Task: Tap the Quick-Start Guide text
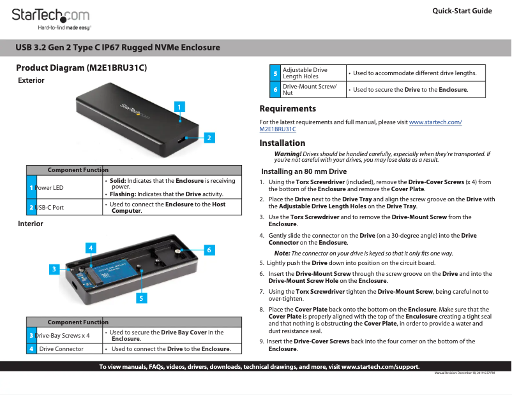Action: (462, 11)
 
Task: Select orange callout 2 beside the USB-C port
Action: (209, 137)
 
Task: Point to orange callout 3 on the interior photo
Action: (56, 269)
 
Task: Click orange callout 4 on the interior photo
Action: (92, 247)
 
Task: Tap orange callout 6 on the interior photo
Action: (209, 250)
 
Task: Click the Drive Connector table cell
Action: (62, 348)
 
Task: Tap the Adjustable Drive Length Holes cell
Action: (305, 73)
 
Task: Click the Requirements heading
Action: (287, 109)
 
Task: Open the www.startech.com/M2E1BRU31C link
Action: (435, 122)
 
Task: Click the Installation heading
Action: (282, 143)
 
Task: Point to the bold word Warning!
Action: (287, 154)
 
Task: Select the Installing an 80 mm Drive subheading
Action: (304, 171)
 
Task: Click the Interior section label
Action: (31, 224)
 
